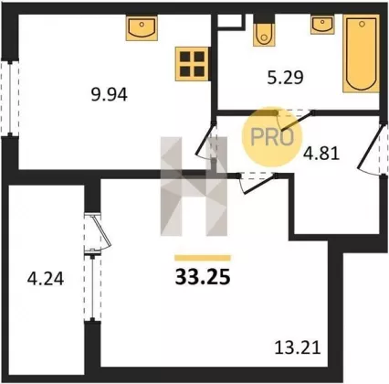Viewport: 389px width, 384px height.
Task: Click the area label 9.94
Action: [x=110, y=95]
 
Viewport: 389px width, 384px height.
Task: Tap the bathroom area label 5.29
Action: [x=285, y=78]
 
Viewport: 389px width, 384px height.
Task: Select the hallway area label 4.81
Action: [x=321, y=154]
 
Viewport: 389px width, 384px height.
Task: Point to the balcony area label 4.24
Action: [x=46, y=279]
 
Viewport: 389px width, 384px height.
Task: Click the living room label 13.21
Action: [x=298, y=347]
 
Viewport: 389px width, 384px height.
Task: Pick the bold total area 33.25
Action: [x=202, y=277]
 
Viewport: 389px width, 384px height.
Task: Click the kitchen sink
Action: [x=142, y=27]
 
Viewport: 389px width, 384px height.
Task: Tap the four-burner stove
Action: [x=192, y=64]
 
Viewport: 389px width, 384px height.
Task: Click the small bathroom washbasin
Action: [x=322, y=25]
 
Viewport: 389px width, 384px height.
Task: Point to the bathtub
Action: [x=362, y=53]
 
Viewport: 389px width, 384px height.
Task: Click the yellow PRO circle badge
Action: [x=272, y=137]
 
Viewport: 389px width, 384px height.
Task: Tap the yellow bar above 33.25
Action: [x=203, y=258]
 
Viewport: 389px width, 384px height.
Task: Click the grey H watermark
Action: [x=194, y=187]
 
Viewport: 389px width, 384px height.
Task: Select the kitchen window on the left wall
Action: [x=11, y=98]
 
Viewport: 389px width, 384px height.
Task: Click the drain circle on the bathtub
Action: [x=362, y=24]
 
